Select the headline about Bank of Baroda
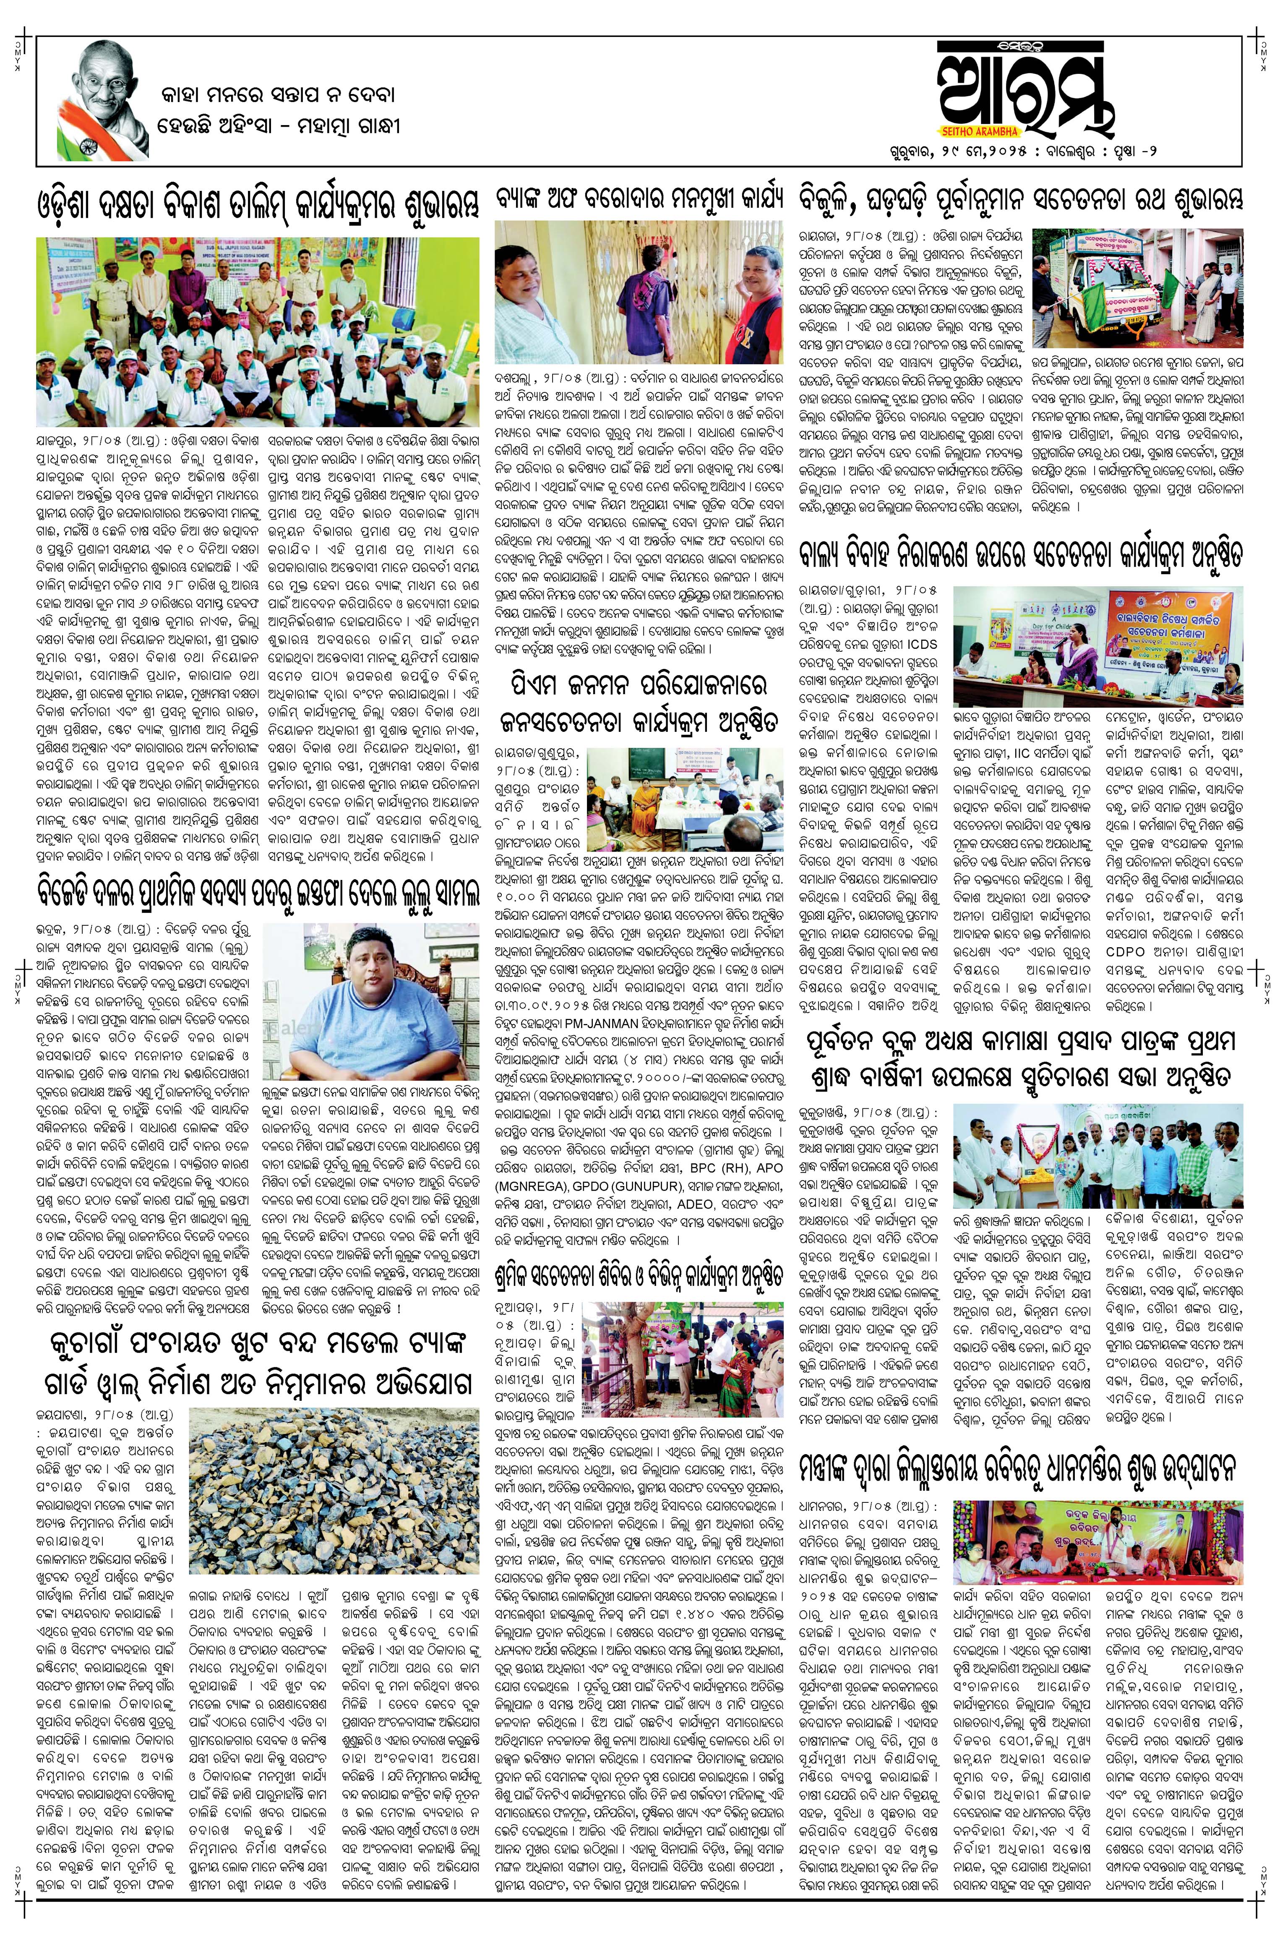639,199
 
